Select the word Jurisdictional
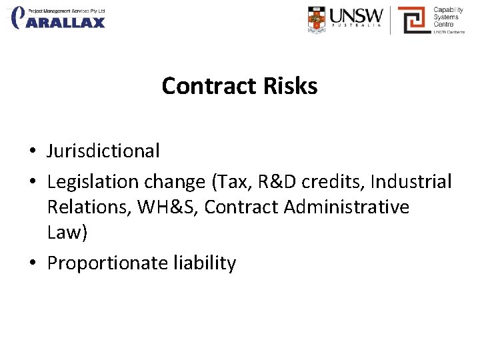(103, 151)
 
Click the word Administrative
(347, 207)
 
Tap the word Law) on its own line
(67, 233)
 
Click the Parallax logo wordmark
(65, 22)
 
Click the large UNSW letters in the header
(357, 15)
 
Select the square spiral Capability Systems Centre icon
(413, 20)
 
